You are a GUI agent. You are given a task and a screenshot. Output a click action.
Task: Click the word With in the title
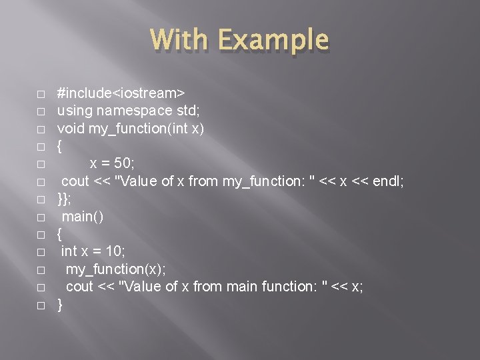coord(179,40)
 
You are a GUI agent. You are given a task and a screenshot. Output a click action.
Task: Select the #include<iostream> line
coord(121,91)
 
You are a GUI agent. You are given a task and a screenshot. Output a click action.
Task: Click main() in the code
coord(83,216)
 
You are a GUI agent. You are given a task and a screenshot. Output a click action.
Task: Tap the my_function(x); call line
coord(116,269)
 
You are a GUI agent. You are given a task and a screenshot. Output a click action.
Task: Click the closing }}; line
coord(64,199)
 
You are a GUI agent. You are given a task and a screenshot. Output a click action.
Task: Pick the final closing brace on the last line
coord(61,305)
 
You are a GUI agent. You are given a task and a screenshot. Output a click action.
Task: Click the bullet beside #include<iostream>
coord(41,93)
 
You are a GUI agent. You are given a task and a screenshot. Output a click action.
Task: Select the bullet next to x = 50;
coord(41,163)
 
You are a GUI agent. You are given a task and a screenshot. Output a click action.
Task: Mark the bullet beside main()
coord(41,217)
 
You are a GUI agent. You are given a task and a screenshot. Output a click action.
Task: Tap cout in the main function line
coord(79,287)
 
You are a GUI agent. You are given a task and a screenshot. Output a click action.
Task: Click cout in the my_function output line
coord(75,181)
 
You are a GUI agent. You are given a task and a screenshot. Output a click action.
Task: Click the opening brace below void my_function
coord(61,145)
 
